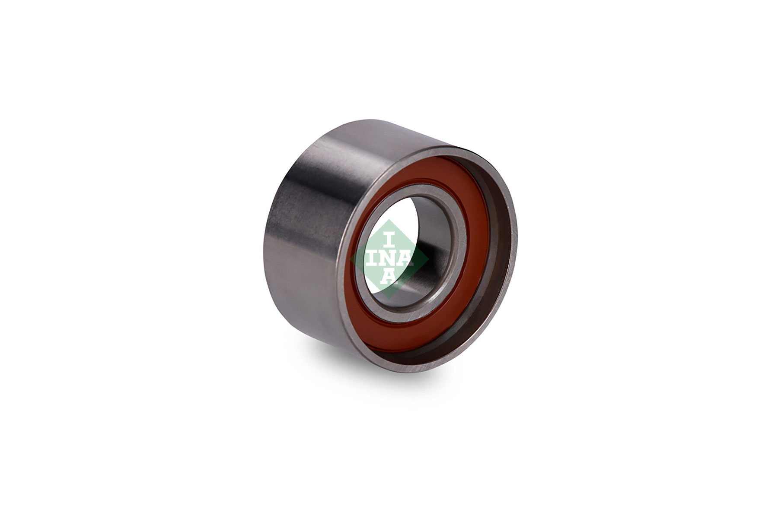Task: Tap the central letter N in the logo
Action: coord(389,259)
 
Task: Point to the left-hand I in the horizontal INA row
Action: coord(371,259)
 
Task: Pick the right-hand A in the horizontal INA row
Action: coord(406,259)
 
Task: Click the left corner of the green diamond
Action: coord(350,259)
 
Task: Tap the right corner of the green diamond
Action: coord(428,259)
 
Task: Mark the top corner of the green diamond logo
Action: coord(389,220)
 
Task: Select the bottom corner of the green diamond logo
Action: coord(389,299)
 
